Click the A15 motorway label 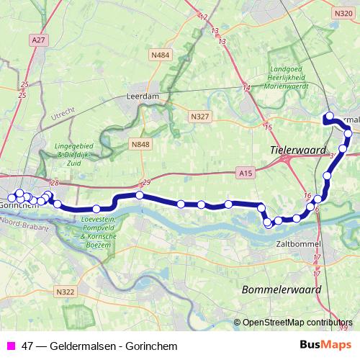pos(245,173)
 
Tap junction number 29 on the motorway pos(146,181)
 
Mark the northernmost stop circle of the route pos(329,116)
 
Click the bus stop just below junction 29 pos(140,195)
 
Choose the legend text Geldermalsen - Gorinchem pos(99,346)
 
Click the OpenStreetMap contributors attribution pos(297,323)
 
